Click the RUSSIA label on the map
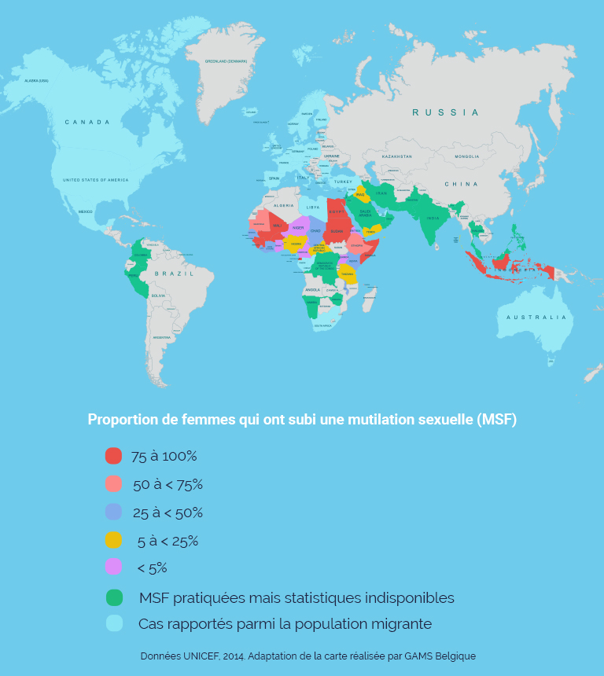445,112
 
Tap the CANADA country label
87,122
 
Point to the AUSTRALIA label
536,317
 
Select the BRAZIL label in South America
174,273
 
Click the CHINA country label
461,184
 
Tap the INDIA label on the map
433,219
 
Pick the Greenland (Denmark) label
226,61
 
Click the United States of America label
95,180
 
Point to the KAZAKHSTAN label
396,156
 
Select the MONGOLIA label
466,156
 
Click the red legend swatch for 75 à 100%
113,456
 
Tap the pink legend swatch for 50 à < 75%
113,484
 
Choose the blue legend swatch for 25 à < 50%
113,513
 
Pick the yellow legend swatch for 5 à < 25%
113,541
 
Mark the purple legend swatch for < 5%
113,567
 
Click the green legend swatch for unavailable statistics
114,597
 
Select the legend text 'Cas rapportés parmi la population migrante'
285,624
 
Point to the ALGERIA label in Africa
282,204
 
